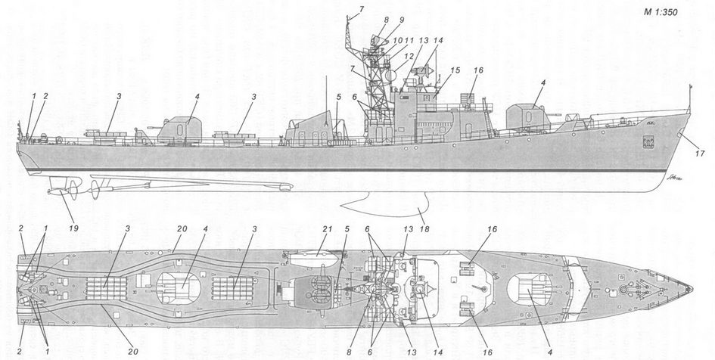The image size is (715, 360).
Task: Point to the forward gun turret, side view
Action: tap(525, 116)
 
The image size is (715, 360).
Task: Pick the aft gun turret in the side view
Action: tap(177, 129)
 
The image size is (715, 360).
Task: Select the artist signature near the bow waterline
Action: tap(648, 178)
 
